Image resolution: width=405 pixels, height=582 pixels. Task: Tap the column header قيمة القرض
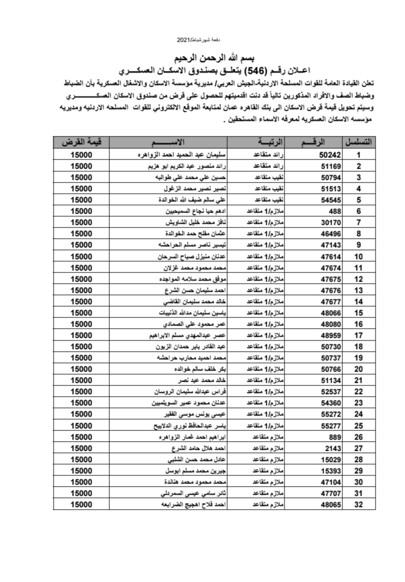(81, 142)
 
